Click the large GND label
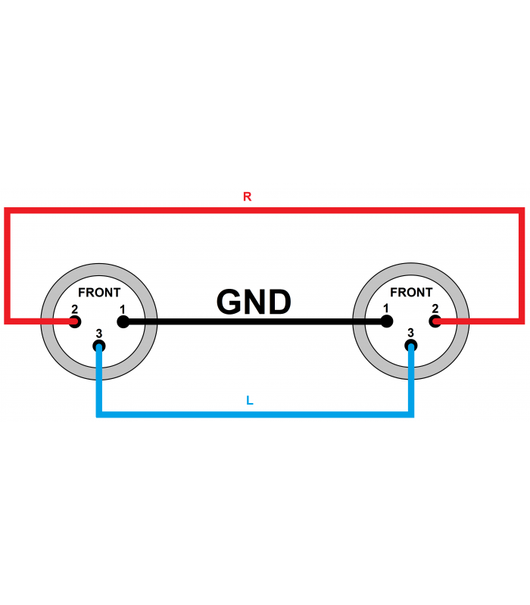click(x=254, y=302)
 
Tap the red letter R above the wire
click(x=248, y=197)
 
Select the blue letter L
click(x=250, y=401)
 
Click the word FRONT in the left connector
click(x=99, y=293)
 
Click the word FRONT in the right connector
click(x=411, y=292)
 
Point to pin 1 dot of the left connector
click(x=123, y=321)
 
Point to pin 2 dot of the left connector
click(x=75, y=321)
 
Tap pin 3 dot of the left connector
click(x=99, y=346)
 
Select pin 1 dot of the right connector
click(x=387, y=321)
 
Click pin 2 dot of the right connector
click(x=435, y=321)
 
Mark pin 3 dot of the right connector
click(x=411, y=346)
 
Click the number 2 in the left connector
click(x=74, y=309)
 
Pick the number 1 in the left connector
click(x=123, y=309)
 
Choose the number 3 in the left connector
click(x=99, y=333)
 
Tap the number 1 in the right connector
click(x=385, y=309)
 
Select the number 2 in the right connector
click(x=435, y=309)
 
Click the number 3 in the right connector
click(x=410, y=333)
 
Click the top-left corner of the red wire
click(x=7, y=211)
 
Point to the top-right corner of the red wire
click(x=522, y=211)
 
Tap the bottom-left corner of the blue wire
click(x=99, y=414)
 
